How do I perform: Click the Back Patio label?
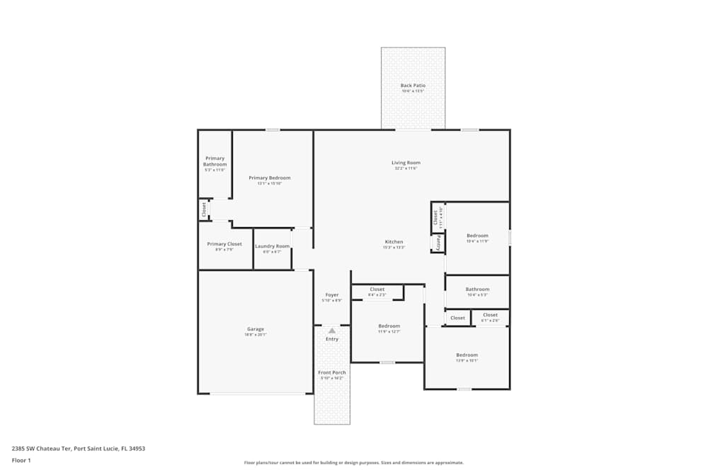(413, 86)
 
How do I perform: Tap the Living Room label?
(406, 163)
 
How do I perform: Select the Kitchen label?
(394, 241)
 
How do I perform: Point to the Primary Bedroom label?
(270, 178)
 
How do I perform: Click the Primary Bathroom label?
(215, 161)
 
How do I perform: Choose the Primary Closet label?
(224, 244)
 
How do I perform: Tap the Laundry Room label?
(273, 246)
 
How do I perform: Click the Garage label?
(256, 329)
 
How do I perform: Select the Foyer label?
(331, 295)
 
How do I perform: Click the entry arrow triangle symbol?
(332, 330)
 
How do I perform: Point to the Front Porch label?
(332, 372)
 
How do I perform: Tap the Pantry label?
(438, 243)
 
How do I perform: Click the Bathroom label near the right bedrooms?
(477, 289)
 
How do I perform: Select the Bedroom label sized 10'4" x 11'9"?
(477, 236)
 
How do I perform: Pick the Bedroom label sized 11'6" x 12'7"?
(389, 326)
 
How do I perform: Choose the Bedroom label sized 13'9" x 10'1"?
(467, 355)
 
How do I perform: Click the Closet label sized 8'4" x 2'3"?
(377, 289)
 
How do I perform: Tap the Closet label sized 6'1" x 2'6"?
(490, 315)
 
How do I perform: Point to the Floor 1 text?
(21, 460)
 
